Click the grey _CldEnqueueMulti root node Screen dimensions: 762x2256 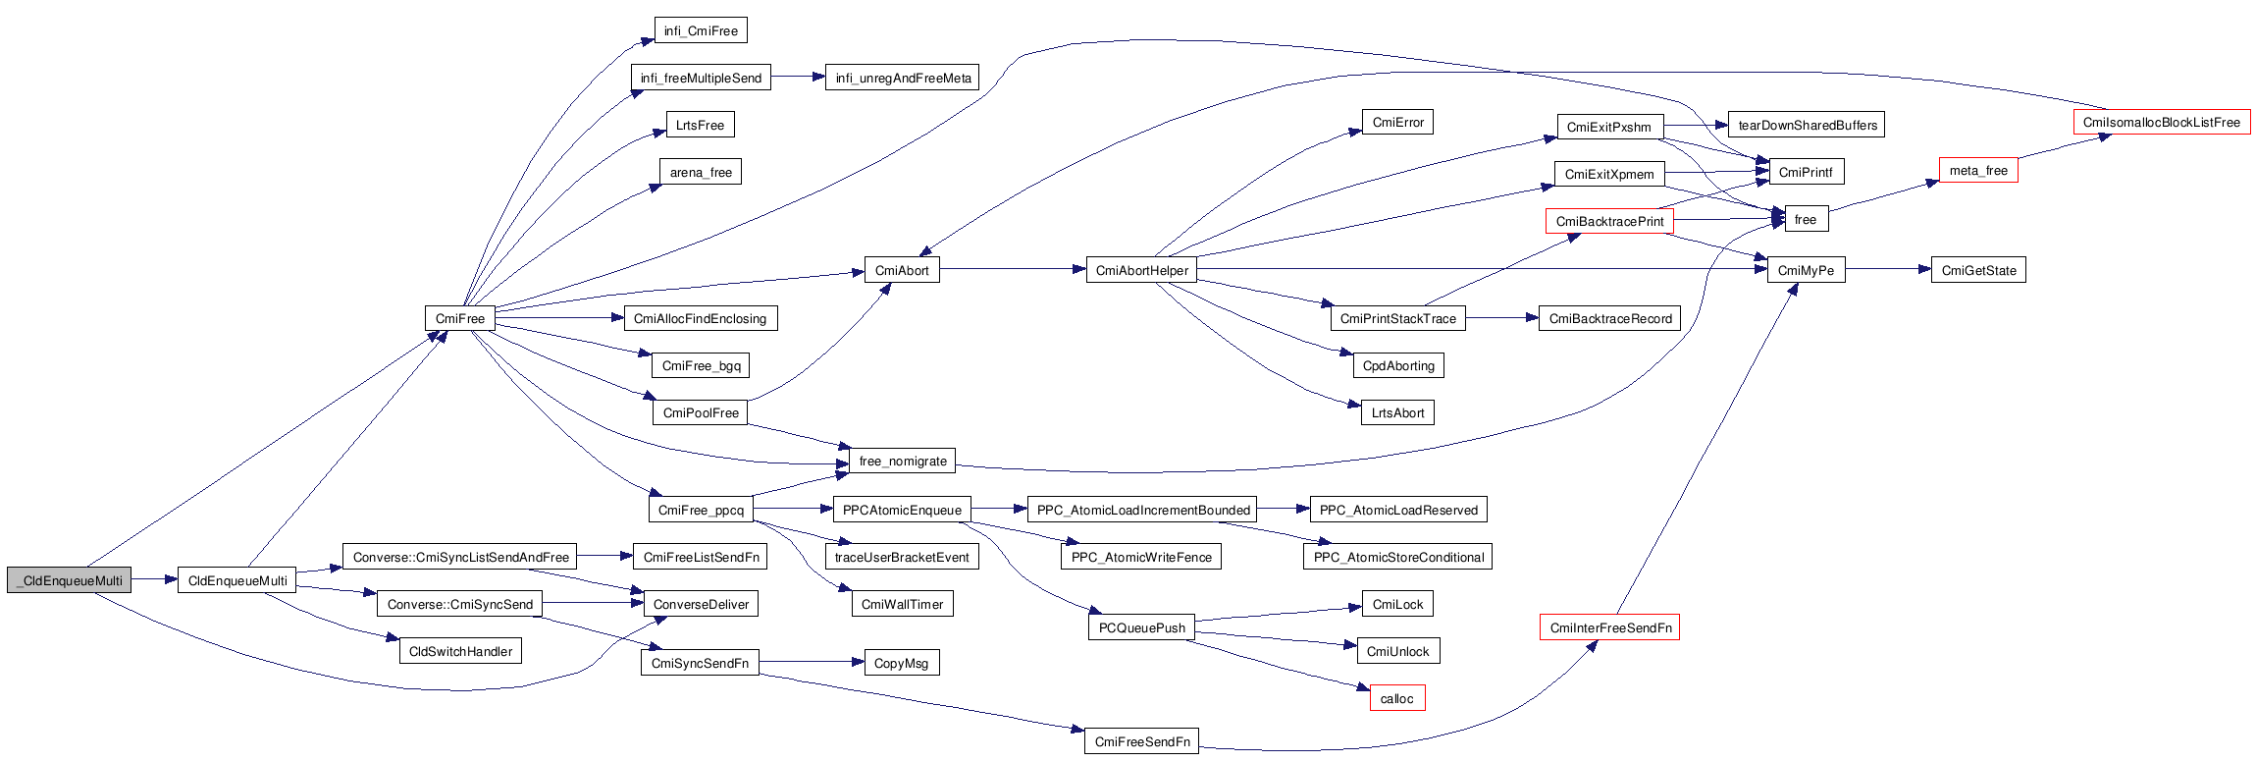tap(69, 580)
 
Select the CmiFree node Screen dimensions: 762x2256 tap(459, 318)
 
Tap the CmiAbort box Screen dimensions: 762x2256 tap(901, 270)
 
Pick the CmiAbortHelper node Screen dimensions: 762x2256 tap(1141, 270)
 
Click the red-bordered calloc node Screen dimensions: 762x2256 tap(1396, 698)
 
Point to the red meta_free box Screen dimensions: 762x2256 tap(1977, 170)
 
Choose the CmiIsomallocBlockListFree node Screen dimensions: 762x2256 tap(2161, 123)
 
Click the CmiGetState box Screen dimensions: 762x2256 tap(1977, 270)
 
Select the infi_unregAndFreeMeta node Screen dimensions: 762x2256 tap(902, 78)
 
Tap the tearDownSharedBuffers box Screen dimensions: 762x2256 tap(1807, 125)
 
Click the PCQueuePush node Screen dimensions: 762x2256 tap(1141, 627)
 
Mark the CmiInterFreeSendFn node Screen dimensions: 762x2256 tap(1609, 627)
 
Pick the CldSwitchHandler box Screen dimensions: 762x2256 tap(460, 651)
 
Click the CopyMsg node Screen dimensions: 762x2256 tap(901, 663)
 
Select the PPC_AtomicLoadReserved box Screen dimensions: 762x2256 tap(1397, 510)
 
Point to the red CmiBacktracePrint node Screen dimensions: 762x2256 tap(1609, 221)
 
